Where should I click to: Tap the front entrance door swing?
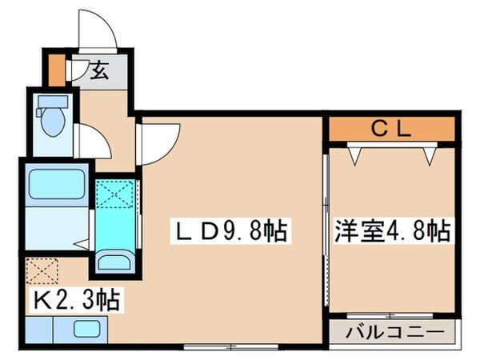point(98,33)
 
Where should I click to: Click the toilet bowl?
point(53,121)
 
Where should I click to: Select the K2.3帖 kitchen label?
point(77,302)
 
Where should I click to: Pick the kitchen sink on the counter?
point(85,328)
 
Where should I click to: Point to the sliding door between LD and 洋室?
point(326,216)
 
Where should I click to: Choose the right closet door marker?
point(430,154)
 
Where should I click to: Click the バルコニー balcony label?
point(392,331)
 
